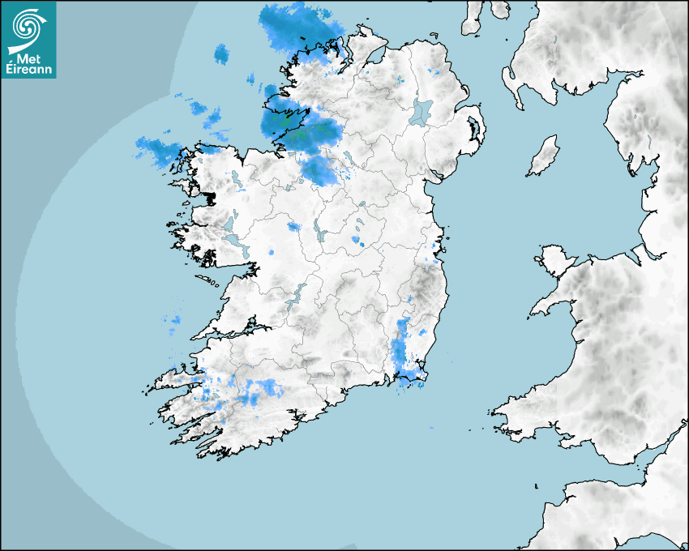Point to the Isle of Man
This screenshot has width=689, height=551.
(544, 156)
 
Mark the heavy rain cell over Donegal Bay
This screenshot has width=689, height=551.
(300, 128)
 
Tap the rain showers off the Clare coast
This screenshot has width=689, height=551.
(173, 323)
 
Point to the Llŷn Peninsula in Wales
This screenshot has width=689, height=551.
(551, 304)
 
